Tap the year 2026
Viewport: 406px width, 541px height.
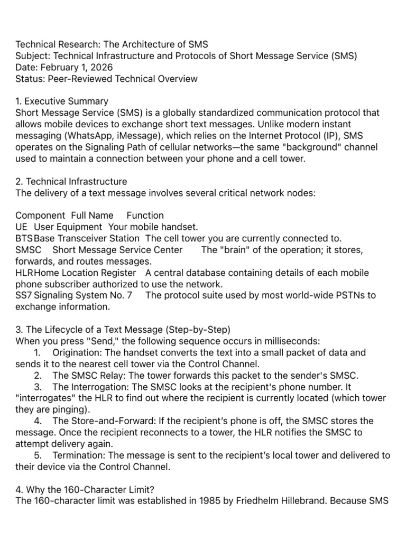click(100, 68)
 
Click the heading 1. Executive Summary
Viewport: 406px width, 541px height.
click(62, 101)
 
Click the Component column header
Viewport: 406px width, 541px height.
click(40, 216)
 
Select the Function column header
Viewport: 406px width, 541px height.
click(145, 216)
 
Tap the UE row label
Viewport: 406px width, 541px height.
click(21, 227)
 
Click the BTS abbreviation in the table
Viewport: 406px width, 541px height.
click(24, 239)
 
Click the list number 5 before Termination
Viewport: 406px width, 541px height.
click(38, 456)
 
